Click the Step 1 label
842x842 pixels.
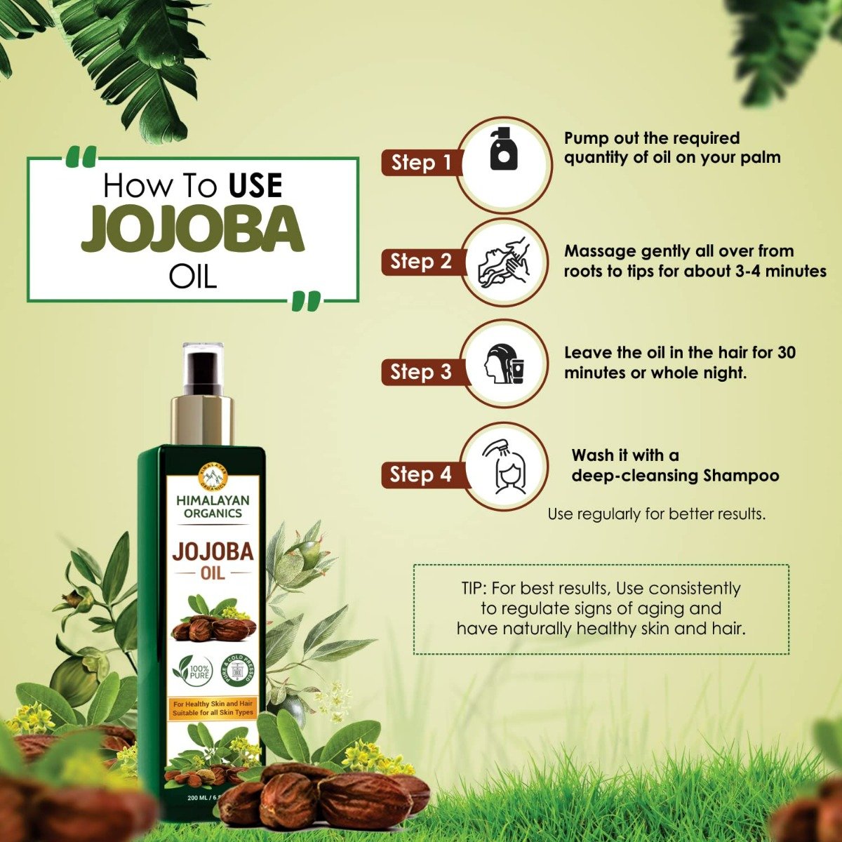pos(421,163)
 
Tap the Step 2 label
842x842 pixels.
pos(421,262)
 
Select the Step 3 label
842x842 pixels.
pos(421,372)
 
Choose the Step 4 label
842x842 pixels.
pos(421,475)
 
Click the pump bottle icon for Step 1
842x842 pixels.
pos(503,149)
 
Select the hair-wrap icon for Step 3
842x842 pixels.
pos(503,364)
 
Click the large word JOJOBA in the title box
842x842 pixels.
pos(193,229)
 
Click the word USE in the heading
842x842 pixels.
pos(255,186)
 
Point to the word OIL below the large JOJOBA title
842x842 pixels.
pos(193,276)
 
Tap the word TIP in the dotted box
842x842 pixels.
pos(469,588)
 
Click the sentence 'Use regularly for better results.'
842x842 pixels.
pos(656,514)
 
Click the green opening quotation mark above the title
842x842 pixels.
pos(83,158)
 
